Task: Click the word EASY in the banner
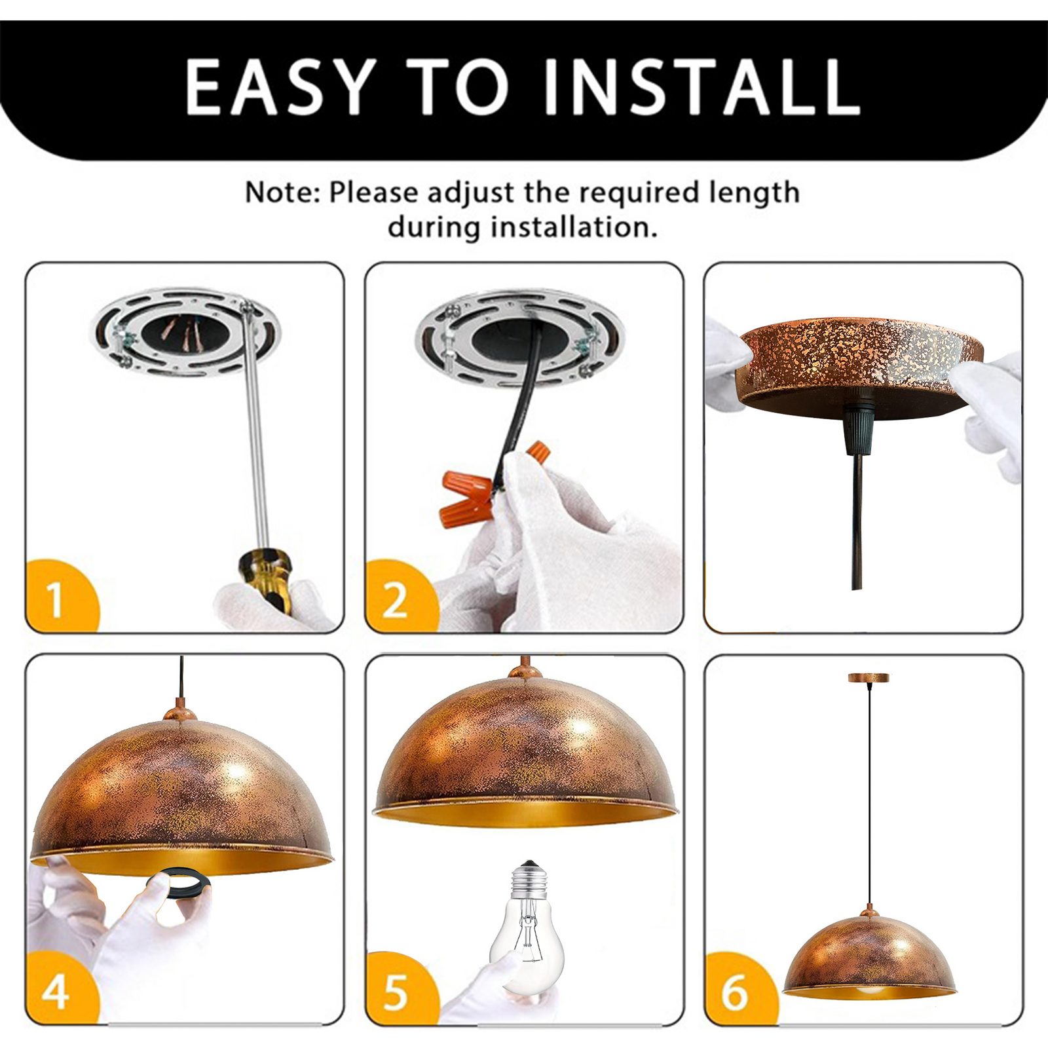coord(281,87)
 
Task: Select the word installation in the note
coord(574,227)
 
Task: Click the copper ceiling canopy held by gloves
coord(861,367)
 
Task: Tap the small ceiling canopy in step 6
coord(869,677)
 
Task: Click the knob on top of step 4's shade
coord(181,710)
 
